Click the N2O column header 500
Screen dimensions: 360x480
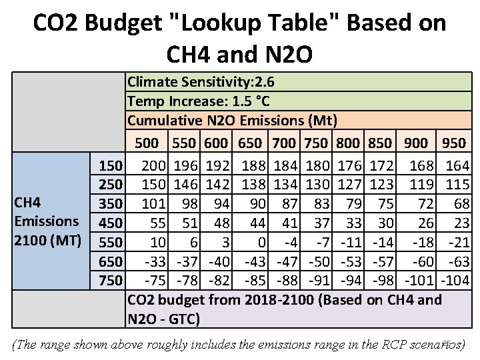(x=147, y=143)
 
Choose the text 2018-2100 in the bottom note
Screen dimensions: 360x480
(x=283, y=299)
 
